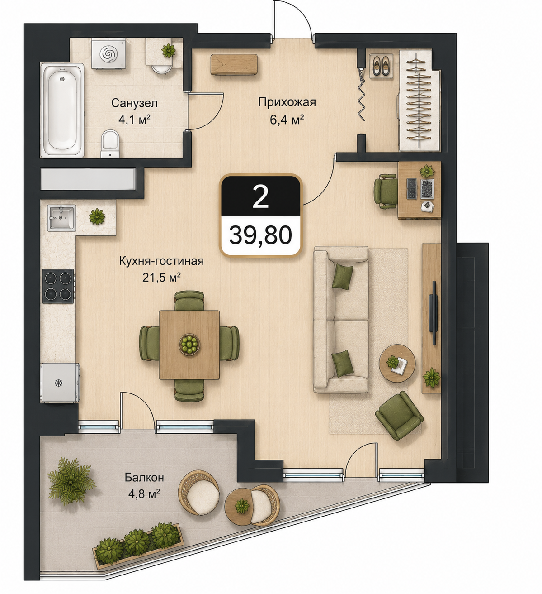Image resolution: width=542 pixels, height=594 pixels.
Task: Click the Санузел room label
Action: [134, 103]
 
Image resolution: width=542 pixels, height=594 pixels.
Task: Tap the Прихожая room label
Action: [287, 102]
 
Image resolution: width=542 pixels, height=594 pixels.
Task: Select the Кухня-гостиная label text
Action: [161, 262]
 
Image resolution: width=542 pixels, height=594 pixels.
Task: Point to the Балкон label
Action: [144, 477]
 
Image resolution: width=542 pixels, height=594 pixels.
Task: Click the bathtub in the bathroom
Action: [62, 110]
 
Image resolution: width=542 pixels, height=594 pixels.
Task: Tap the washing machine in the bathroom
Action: [107, 53]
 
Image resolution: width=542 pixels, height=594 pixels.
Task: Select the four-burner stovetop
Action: [58, 286]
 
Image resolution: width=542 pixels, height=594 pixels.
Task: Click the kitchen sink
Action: [62, 218]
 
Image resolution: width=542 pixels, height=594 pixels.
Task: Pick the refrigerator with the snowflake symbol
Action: [60, 383]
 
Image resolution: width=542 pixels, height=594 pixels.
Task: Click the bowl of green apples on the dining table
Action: [189, 344]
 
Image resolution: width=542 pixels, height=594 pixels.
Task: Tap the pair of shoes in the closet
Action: [381, 66]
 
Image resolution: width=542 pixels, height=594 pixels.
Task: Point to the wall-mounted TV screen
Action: [434, 313]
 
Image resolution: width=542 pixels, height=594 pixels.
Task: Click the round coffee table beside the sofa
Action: [397, 364]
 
